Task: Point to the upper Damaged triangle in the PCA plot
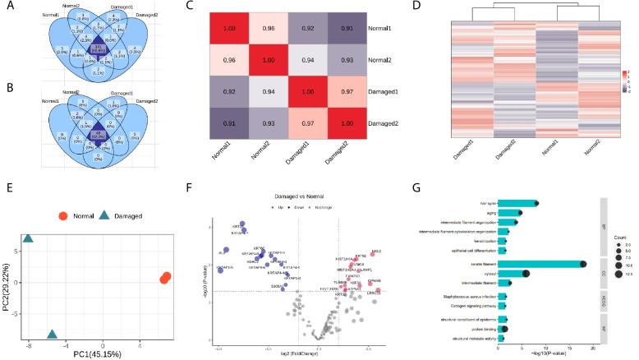point(28,239)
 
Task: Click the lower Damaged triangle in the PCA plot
point(53,335)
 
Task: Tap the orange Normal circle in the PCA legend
point(62,216)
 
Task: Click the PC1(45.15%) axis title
point(101,354)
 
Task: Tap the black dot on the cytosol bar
point(526,274)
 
